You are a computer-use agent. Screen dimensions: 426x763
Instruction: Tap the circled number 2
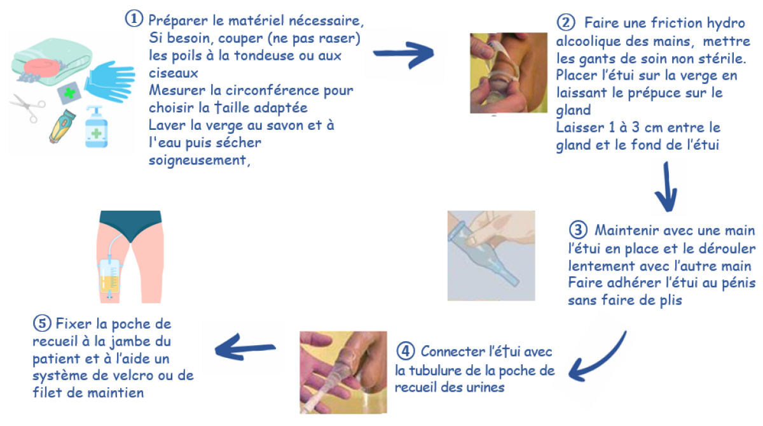(x=565, y=23)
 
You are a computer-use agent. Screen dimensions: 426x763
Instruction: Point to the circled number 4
(x=405, y=351)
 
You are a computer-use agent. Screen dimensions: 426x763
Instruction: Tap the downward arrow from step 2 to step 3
(x=664, y=188)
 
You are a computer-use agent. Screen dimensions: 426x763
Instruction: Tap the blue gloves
(x=104, y=80)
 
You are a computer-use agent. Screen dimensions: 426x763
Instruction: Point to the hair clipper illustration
(x=64, y=124)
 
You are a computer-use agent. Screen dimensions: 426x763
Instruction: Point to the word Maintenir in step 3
(x=622, y=229)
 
